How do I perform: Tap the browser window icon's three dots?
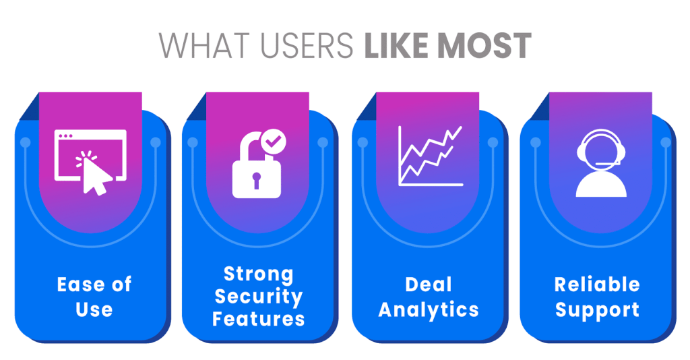tap(66, 136)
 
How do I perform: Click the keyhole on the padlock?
tap(257, 180)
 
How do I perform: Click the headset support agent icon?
tap(601, 163)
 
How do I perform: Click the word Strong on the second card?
tap(259, 274)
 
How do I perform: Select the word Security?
tap(259, 296)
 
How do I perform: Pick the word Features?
tap(259, 318)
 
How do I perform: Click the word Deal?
tap(429, 284)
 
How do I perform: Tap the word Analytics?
tap(429, 309)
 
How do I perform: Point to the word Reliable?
tap(597, 284)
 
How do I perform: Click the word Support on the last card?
tap(597, 310)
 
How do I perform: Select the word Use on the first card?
tap(94, 309)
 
